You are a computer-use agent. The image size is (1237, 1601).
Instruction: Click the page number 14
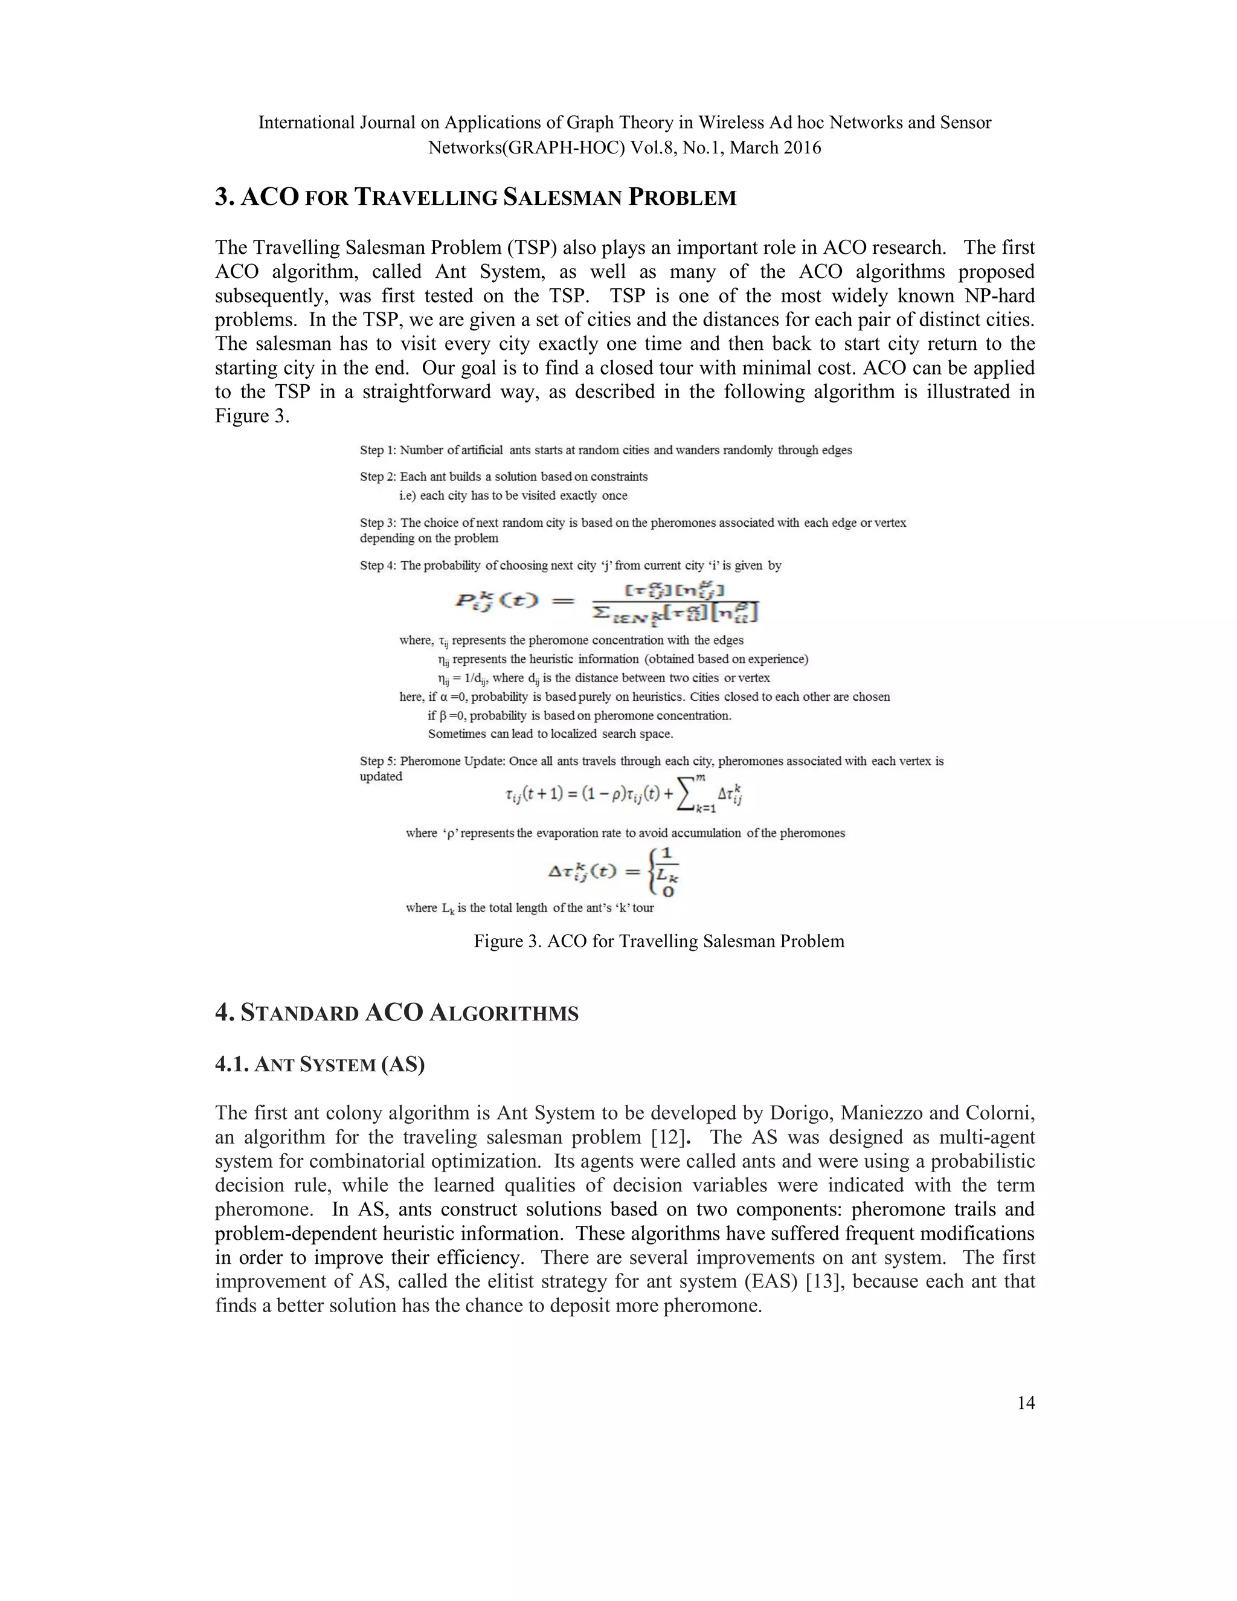(1026, 1403)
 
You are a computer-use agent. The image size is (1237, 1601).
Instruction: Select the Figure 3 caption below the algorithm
(659, 941)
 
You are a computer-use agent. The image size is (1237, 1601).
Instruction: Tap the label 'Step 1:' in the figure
(378, 450)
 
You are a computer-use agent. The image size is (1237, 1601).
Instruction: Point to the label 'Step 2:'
(378, 477)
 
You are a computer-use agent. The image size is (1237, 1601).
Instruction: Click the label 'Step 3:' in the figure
(378, 523)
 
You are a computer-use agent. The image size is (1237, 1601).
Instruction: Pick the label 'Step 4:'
(378, 565)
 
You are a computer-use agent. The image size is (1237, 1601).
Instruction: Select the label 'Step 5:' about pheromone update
(378, 761)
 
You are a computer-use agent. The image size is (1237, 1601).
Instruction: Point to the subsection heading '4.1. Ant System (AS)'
(320, 1065)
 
